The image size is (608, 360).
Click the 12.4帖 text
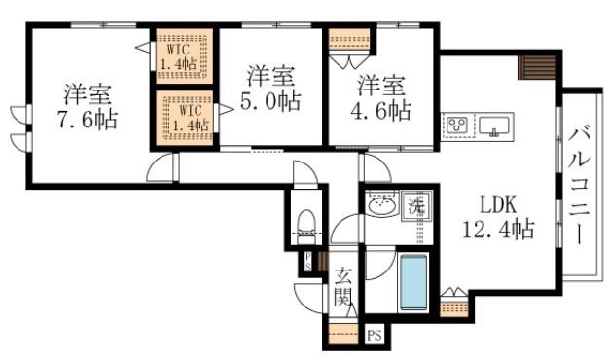(x=496, y=231)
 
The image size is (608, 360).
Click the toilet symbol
(x=304, y=225)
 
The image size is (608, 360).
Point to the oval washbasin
(x=380, y=206)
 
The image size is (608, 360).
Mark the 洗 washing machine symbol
(x=416, y=205)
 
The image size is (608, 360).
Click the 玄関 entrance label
(x=342, y=287)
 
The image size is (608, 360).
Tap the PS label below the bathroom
(x=376, y=337)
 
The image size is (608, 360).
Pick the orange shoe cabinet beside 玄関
(x=342, y=335)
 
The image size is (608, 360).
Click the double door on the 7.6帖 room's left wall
(x=18, y=126)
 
